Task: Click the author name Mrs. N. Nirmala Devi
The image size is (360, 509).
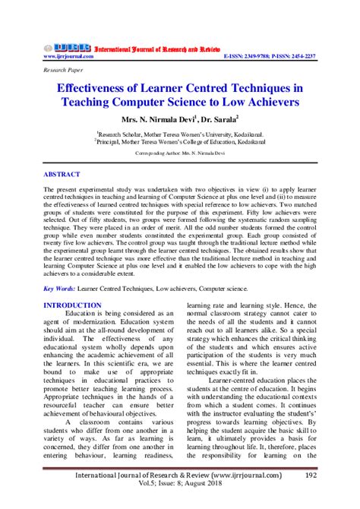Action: point(155,119)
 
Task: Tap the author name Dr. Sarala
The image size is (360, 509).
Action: point(221,119)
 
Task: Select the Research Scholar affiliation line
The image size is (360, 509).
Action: point(179,132)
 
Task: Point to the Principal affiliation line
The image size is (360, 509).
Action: point(179,141)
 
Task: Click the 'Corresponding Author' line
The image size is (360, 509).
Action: point(179,153)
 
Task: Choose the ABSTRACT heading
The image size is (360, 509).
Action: point(62,174)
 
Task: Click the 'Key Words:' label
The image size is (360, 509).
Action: point(58,289)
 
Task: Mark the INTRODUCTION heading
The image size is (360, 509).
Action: point(73,305)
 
